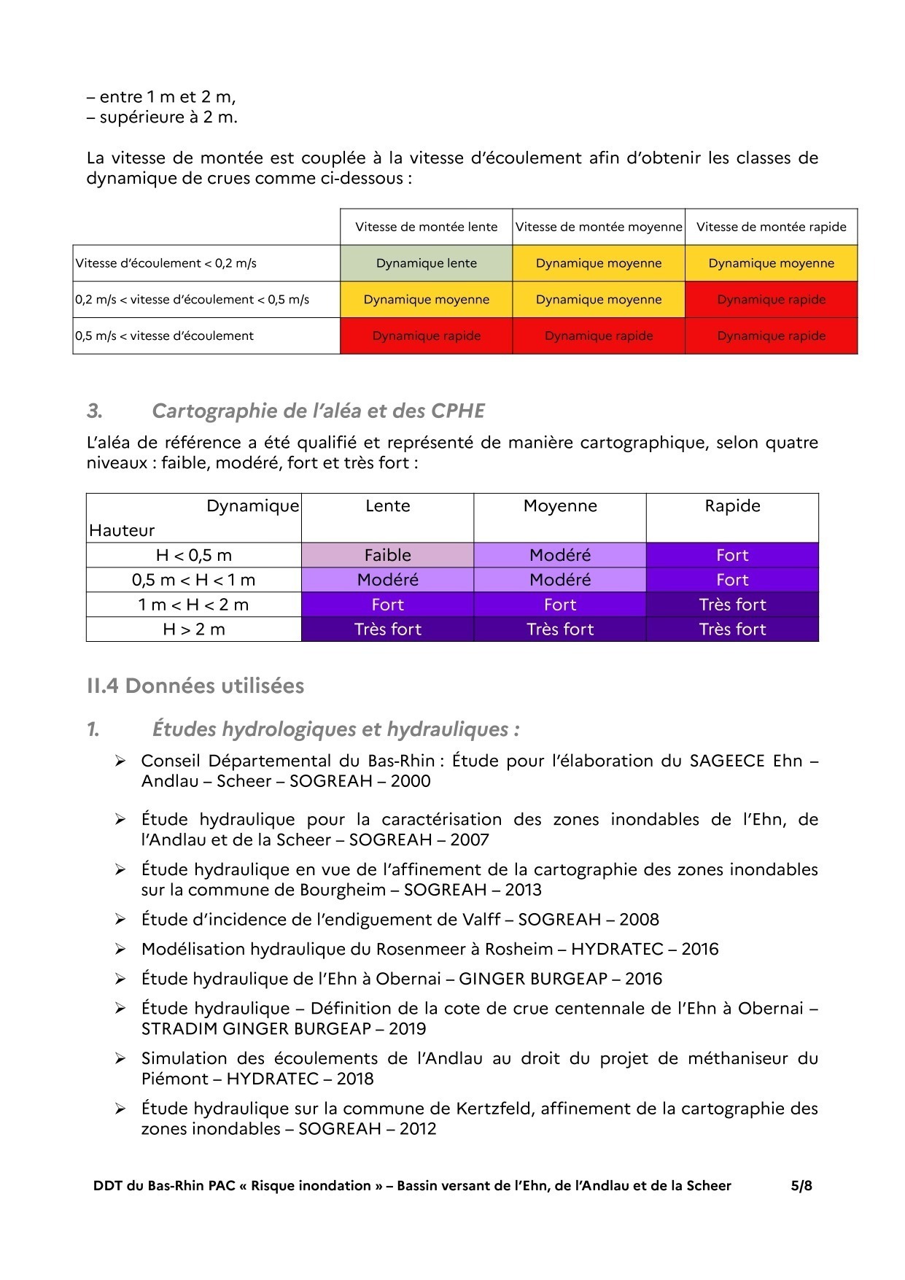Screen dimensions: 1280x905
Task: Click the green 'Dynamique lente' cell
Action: tap(426, 263)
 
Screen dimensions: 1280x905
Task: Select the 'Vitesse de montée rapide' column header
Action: tap(771, 227)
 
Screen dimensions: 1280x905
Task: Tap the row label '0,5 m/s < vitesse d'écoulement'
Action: tap(165, 335)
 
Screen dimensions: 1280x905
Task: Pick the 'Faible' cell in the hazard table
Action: tap(387, 555)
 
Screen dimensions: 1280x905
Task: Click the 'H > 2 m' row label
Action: tap(194, 629)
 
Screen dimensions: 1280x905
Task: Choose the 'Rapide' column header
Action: tap(732, 506)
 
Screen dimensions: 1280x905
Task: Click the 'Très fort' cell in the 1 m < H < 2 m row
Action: tap(732, 605)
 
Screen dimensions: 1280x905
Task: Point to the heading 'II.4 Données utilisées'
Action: tap(195, 686)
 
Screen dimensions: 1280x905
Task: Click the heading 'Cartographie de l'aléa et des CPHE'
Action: tap(318, 411)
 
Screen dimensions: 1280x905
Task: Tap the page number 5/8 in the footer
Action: tap(801, 1185)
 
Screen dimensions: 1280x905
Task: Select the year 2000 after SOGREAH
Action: tap(411, 781)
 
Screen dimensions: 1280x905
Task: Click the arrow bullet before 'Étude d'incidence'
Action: tap(120, 920)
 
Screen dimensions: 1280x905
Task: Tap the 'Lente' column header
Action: tap(387, 506)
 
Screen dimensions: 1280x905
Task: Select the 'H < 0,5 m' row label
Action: tap(194, 555)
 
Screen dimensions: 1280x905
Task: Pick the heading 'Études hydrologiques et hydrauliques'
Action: tap(335, 729)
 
